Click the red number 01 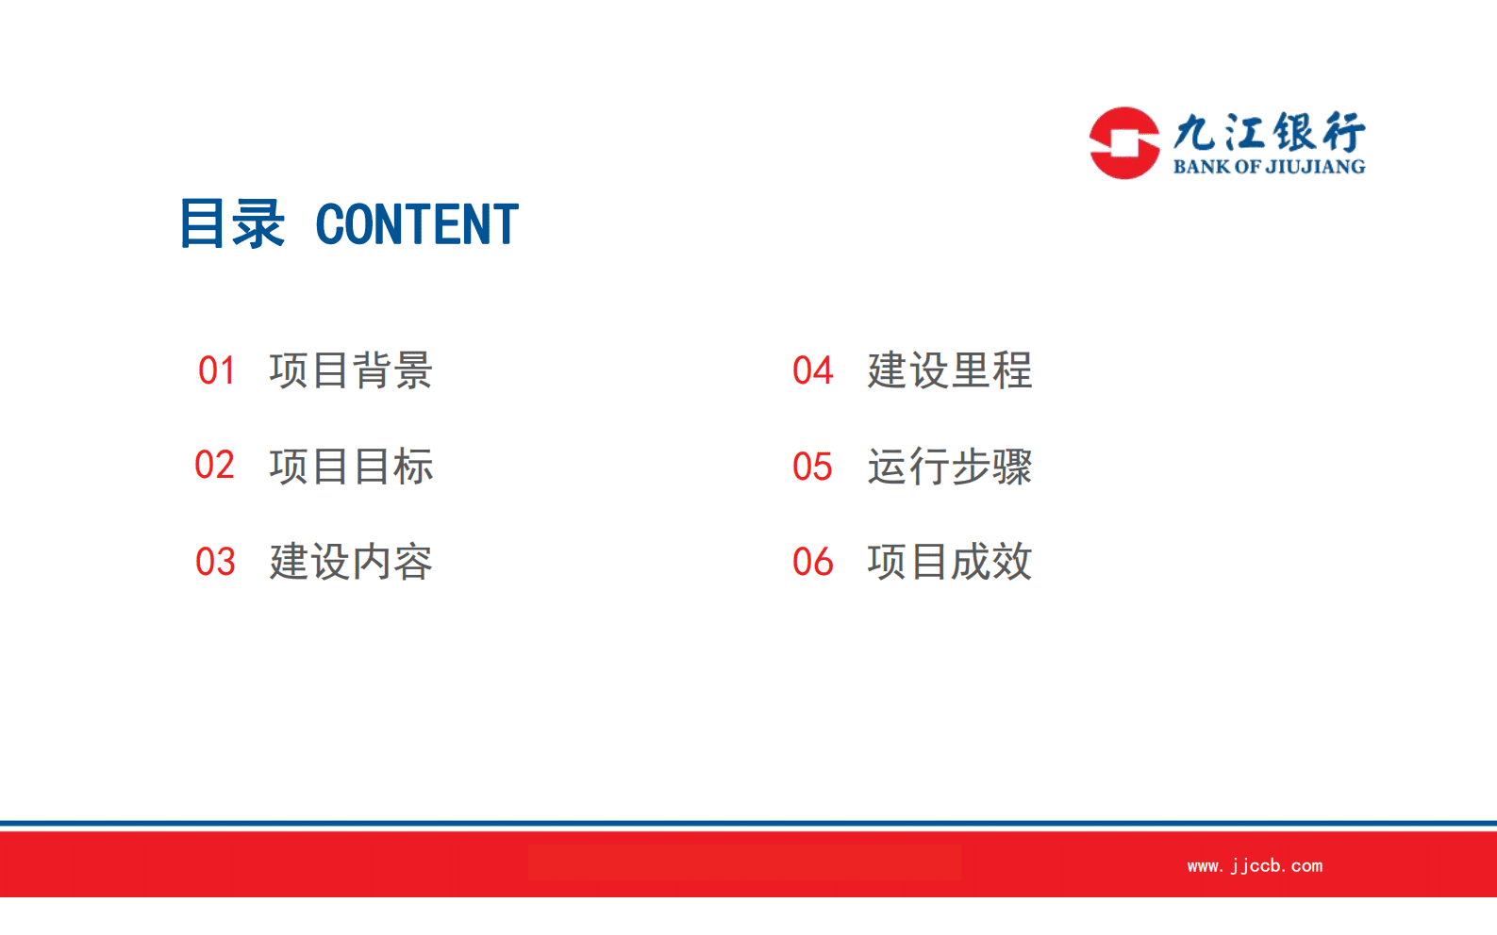(x=216, y=370)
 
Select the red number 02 (x=214, y=466)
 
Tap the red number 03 (x=215, y=562)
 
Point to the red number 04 (x=812, y=370)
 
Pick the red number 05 (x=812, y=467)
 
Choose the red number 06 (x=812, y=562)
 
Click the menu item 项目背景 (x=350, y=370)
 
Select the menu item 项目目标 (x=350, y=466)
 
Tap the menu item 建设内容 (x=350, y=562)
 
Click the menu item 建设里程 (x=949, y=370)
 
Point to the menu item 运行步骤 (x=949, y=467)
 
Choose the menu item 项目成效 (x=949, y=562)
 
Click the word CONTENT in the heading (x=416, y=224)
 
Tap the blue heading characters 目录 (x=231, y=224)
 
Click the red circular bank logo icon (x=1123, y=143)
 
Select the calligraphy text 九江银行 (x=1269, y=132)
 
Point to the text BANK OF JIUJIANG (x=1269, y=167)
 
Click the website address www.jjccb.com (x=1255, y=865)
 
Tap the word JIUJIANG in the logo (x=1315, y=167)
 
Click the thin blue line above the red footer (x=748, y=824)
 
